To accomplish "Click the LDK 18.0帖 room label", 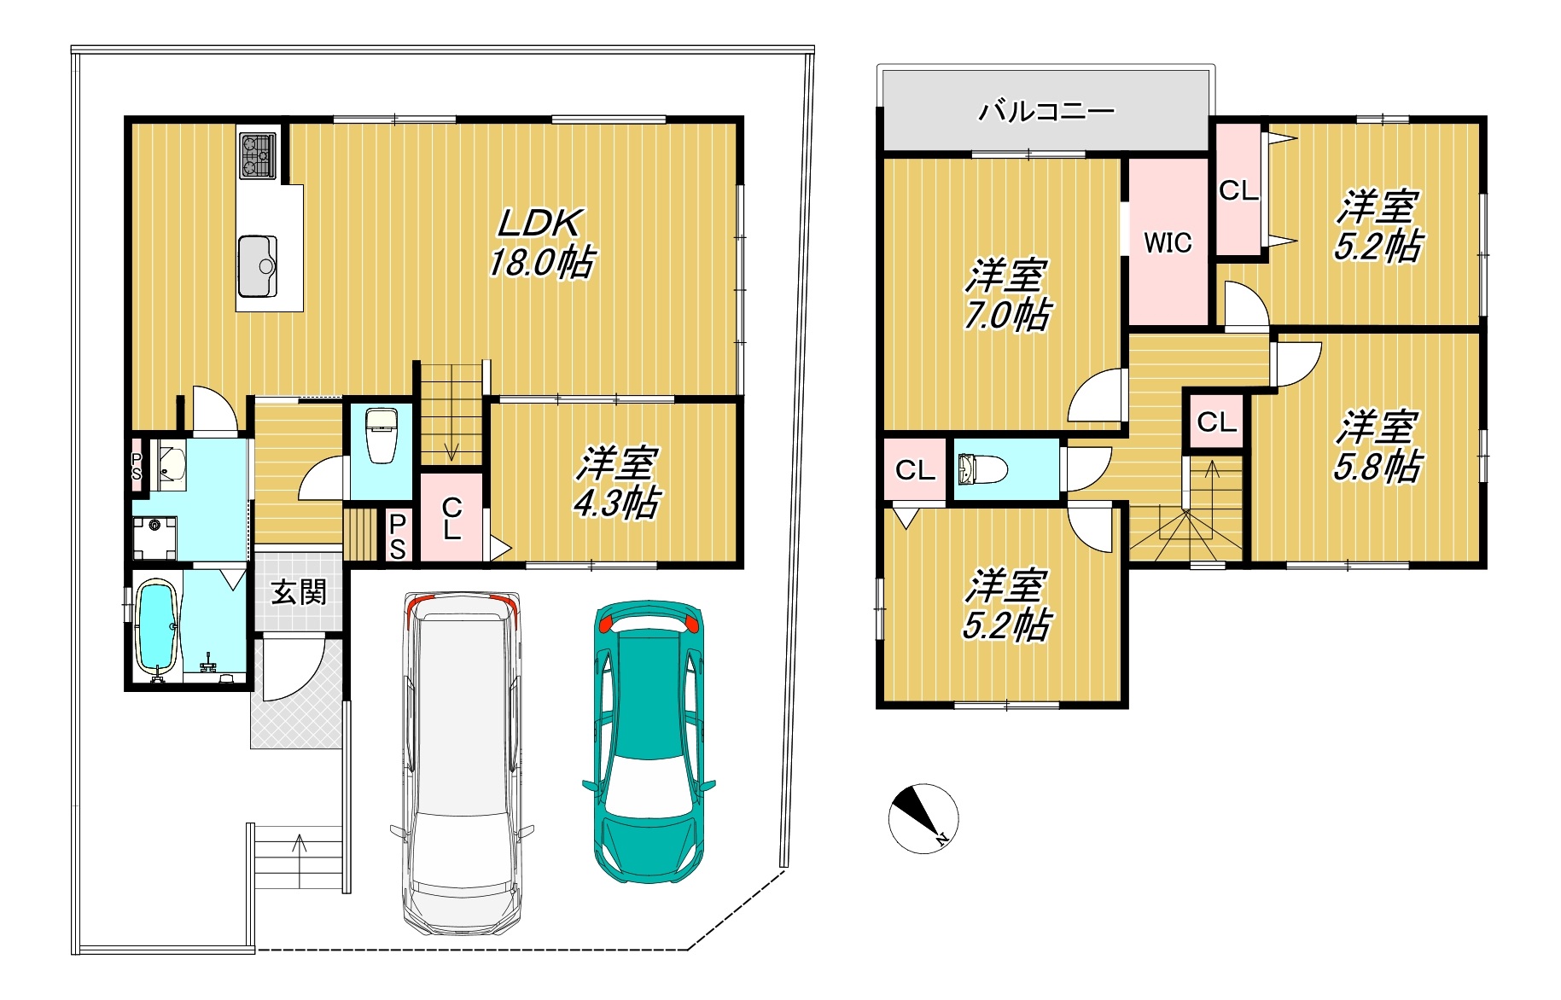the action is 541,243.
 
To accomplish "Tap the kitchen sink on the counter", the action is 258,265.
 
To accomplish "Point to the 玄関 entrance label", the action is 299,591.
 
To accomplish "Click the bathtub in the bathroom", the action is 156,628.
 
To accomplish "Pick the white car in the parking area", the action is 462,763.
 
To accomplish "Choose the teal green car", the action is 649,741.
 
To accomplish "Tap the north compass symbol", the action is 923,818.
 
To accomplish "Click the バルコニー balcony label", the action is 1046,112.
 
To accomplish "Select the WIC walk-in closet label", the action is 1168,242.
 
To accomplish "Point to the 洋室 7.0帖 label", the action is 1006,295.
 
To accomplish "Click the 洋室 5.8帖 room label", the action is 1378,446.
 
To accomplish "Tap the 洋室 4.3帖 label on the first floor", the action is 615,482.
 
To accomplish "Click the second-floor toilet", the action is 981,469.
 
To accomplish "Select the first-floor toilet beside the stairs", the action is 381,435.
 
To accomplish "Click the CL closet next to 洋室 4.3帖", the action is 451,518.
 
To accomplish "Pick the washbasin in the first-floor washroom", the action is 172,466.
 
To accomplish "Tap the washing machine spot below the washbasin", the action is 154,538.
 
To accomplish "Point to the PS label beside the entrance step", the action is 398,537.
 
